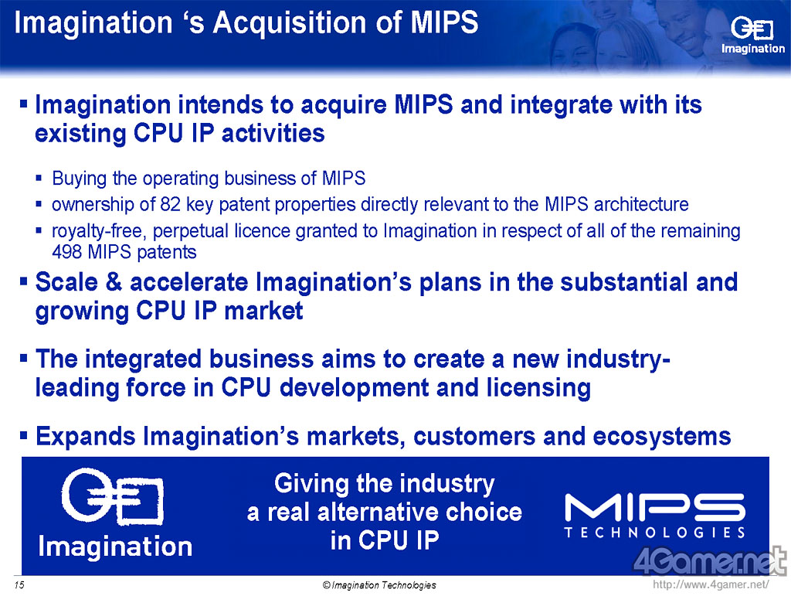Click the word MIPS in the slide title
click(444, 22)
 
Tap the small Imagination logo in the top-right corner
click(752, 36)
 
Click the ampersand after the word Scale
click(114, 281)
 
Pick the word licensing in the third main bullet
click(538, 388)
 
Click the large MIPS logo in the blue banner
click(655, 506)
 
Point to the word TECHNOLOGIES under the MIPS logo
click(655, 533)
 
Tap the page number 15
click(19, 585)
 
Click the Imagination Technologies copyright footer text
click(379, 585)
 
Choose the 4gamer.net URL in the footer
click(711, 585)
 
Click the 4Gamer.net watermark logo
click(709, 561)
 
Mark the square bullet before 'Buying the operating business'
click(39, 178)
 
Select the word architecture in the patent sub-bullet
click(641, 204)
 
